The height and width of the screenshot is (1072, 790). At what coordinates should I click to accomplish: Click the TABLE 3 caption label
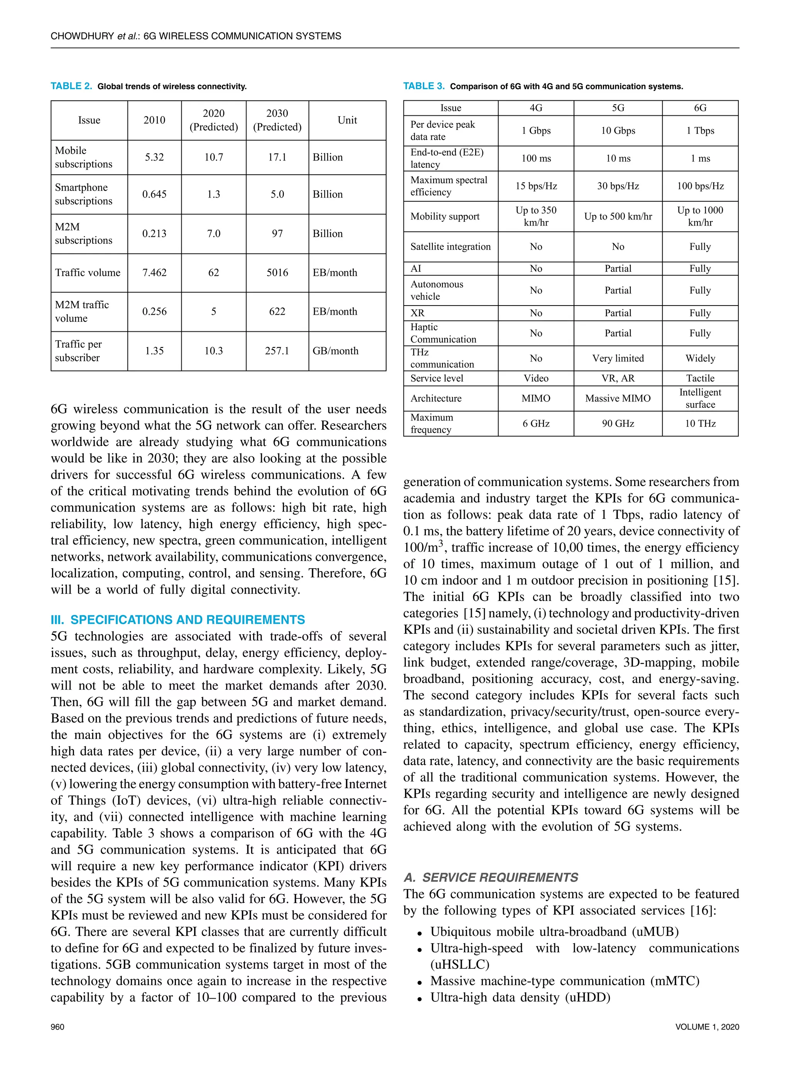coord(424,86)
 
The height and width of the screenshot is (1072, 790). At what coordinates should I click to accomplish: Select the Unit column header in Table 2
coord(347,120)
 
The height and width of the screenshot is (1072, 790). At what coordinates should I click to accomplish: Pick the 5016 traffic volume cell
coord(277,273)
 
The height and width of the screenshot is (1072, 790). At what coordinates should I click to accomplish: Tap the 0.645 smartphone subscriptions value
coord(154,194)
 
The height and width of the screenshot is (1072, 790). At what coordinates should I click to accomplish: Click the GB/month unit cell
coord(335,351)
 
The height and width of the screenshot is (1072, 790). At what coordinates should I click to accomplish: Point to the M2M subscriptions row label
coord(83,233)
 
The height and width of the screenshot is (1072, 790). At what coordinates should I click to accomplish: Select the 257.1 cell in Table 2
coord(277,351)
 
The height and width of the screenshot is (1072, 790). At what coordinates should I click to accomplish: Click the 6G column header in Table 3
coord(700,108)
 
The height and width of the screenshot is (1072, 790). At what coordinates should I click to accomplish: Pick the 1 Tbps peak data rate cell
coord(700,130)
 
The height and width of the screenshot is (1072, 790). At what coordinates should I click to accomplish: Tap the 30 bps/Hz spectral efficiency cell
coord(618,186)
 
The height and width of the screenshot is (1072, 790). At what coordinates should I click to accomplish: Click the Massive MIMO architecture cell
coord(618,398)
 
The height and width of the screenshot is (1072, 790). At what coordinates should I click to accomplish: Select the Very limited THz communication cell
coord(618,358)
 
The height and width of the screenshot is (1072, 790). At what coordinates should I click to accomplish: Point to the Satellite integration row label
coord(451,247)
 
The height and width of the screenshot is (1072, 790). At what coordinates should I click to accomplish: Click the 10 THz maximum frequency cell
coord(700,423)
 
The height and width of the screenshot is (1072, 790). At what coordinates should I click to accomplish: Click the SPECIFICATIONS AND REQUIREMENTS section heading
coord(178,620)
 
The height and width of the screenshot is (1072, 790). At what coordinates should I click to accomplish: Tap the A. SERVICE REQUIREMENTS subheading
coord(491,878)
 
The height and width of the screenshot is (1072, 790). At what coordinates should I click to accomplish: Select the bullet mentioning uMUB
coord(554,932)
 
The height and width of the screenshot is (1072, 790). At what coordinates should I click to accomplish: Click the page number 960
coord(57,1026)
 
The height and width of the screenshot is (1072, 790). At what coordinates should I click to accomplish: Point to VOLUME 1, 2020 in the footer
coord(707,1026)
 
